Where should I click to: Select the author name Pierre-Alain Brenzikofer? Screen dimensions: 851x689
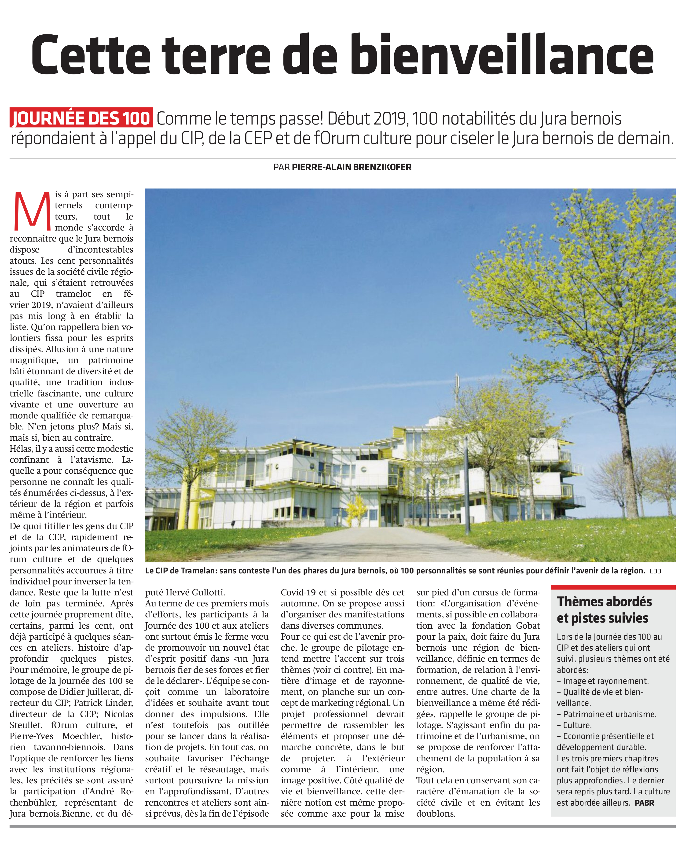[x=352, y=167]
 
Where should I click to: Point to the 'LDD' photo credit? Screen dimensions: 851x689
[x=655, y=571]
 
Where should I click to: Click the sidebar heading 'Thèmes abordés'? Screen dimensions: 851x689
[x=604, y=601]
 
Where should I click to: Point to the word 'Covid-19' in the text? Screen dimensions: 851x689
[x=300, y=592]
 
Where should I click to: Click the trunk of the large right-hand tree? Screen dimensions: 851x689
[x=628, y=468]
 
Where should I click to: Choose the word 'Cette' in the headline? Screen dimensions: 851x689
[x=91, y=55]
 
